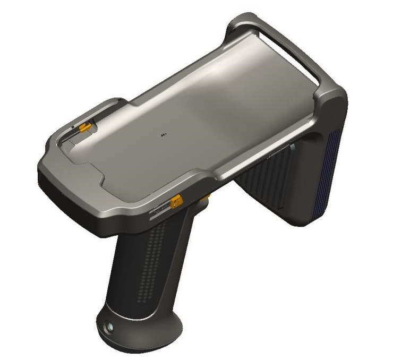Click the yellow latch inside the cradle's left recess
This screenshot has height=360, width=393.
coord(83,127)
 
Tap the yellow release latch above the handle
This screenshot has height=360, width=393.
coord(176,202)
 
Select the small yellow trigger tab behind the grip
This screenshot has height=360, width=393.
coord(206,198)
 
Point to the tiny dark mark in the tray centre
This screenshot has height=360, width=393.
coord(163,135)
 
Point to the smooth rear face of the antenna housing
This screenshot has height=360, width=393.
coord(313,175)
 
